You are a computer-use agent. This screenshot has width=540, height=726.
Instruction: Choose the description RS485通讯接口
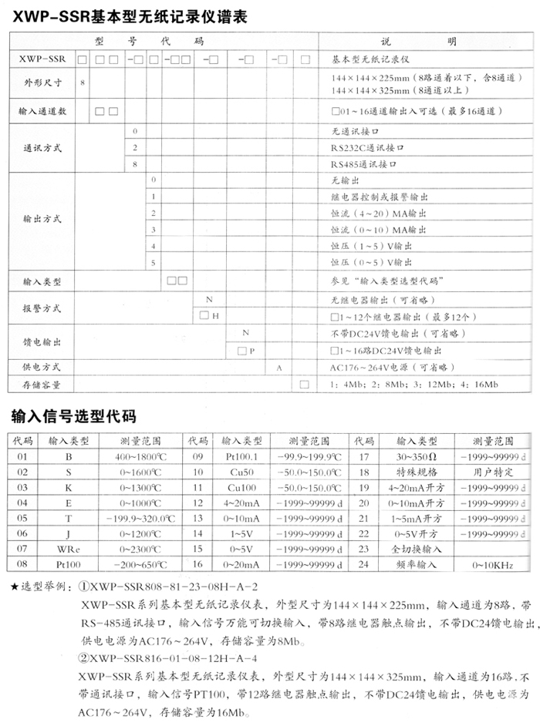(x=366, y=163)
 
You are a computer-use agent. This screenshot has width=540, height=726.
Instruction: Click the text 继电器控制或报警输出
(x=379, y=197)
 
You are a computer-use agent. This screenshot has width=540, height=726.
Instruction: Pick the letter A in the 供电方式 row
(x=278, y=367)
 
